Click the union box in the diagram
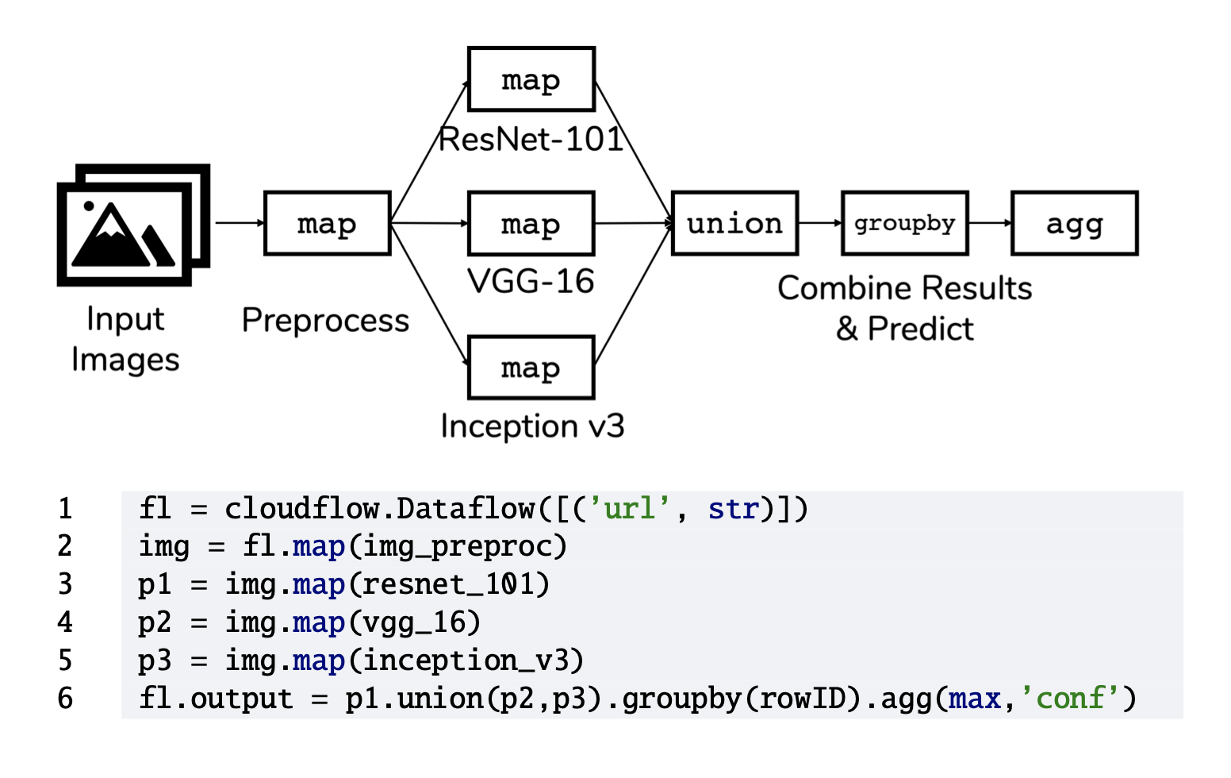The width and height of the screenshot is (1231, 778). pos(734,223)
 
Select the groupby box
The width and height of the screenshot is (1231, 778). pos(904,223)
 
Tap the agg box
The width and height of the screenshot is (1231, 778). pos(1075,223)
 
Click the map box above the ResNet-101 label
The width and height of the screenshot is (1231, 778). pos(531,79)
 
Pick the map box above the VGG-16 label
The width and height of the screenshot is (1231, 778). pos(531,223)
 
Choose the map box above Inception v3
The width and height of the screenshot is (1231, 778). pos(531,368)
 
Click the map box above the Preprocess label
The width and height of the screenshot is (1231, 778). pos(328,223)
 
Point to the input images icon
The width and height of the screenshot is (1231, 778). pos(133,225)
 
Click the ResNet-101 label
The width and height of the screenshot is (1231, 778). pos(531,139)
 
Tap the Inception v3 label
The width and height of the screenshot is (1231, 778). pos(532,426)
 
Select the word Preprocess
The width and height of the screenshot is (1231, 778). pos(325,320)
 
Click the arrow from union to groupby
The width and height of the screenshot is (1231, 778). pos(820,223)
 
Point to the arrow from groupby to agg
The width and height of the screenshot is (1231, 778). pos(991,223)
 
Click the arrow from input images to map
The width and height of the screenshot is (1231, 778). pos(240,223)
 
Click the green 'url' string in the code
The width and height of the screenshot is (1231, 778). pos(629,508)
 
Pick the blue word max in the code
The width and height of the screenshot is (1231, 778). pos(974,699)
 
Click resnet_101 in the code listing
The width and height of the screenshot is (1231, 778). pos(448,584)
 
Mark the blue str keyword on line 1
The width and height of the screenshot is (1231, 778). pos(734,508)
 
